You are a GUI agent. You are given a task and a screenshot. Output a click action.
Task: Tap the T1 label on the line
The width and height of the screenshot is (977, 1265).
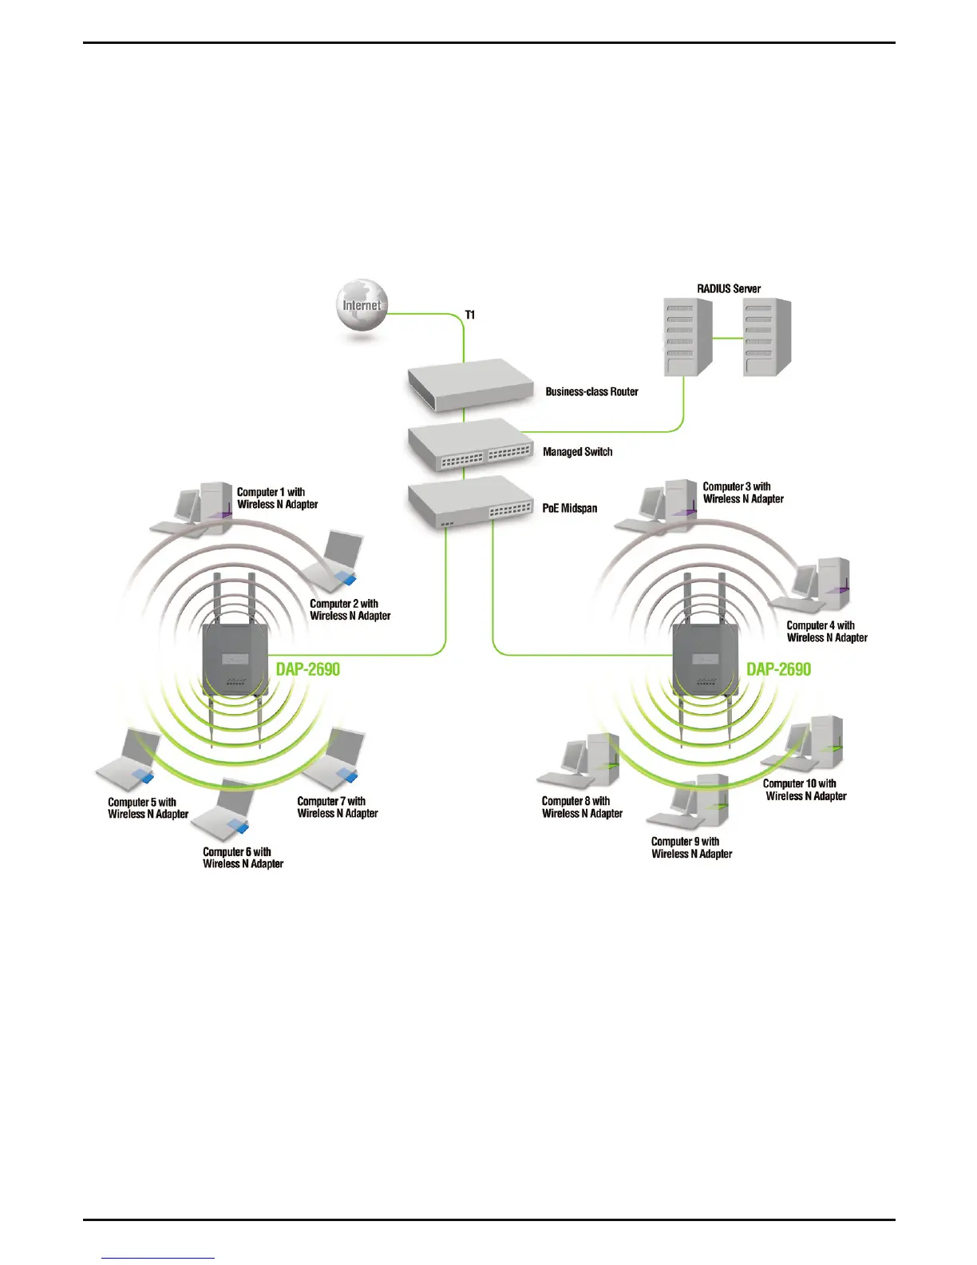pyautogui.click(x=470, y=315)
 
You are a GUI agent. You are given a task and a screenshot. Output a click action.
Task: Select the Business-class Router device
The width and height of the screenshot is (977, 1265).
pyautogui.click(x=469, y=389)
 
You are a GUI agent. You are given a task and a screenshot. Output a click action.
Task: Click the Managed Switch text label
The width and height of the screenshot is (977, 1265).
pyautogui.click(x=577, y=452)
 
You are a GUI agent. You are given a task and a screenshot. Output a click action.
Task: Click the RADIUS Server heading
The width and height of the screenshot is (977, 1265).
pyautogui.click(x=728, y=288)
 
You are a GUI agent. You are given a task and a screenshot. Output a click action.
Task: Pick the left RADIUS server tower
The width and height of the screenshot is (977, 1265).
pyautogui.click(x=687, y=336)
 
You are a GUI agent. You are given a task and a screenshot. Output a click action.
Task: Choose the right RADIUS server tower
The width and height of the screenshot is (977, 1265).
pyautogui.click(x=766, y=336)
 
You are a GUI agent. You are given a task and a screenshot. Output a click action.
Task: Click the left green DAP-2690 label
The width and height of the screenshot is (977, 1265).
pyautogui.click(x=308, y=669)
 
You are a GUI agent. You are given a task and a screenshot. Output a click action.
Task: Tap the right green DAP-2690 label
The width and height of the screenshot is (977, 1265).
pyautogui.click(x=778, y=669)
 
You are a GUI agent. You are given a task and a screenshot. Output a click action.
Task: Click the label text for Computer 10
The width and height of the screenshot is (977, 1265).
pyautogui.click(x=805, y=790)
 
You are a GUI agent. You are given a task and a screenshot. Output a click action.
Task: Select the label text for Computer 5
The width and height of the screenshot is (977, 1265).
pyautogui.click(x=148, y=808)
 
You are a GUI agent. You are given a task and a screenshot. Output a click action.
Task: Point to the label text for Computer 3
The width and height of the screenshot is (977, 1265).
pyautogui.click(x=742, y=493)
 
